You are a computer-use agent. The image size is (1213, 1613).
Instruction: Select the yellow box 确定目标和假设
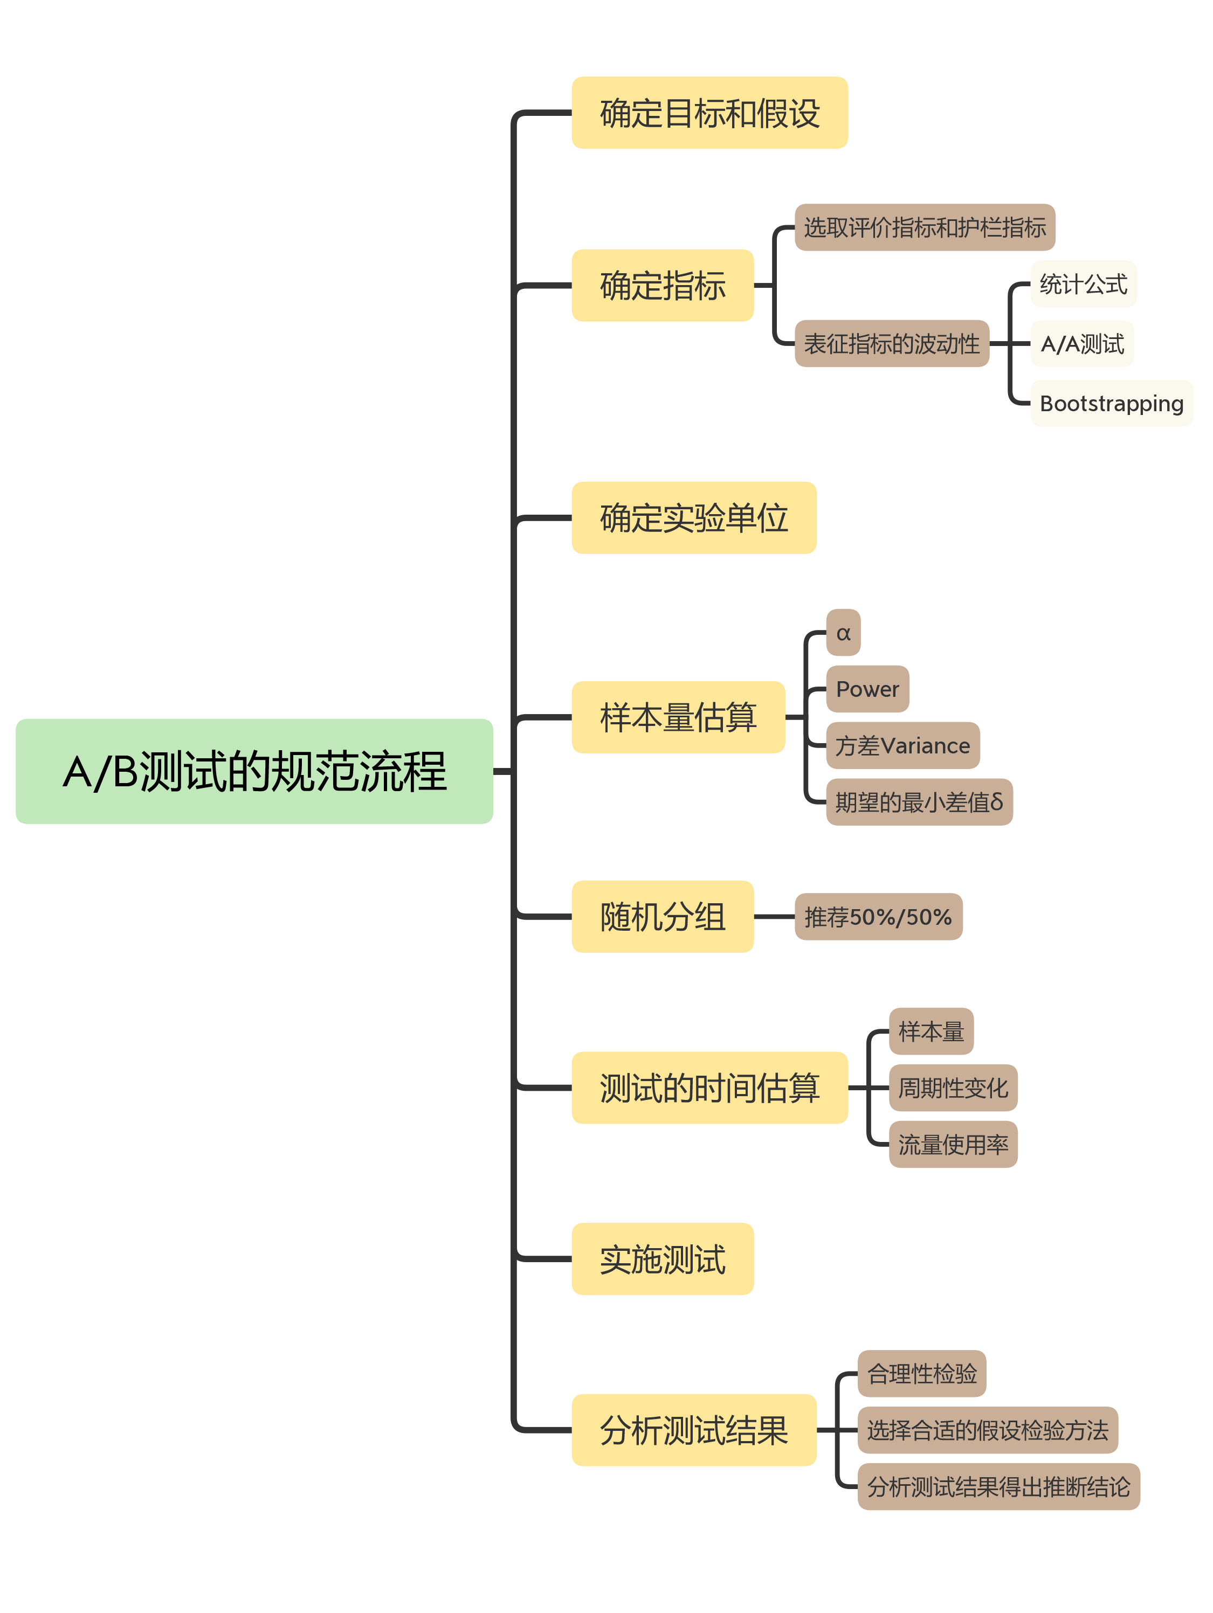click(x=709, y=113)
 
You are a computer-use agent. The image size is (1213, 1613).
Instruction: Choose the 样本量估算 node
click(x=678, y=717)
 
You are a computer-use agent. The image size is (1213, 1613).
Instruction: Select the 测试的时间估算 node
click(x=709, y=1087)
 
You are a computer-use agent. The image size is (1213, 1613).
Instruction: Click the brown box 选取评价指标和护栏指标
click(x=924, y=227)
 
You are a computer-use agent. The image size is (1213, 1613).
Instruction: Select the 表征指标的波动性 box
click(x=891, y=343)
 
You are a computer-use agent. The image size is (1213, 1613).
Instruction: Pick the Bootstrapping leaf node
click(x=1111, y=403)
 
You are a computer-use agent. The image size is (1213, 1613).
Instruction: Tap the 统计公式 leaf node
click(x=1083, y=283)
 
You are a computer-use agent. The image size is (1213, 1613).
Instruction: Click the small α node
click(x=843, y=632)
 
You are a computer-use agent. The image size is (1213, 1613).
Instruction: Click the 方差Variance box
click(x=902, y=745)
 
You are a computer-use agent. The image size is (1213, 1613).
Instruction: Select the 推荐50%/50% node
click(x=878, y=917)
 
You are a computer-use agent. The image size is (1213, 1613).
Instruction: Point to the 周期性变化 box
click(x=953, y=1087)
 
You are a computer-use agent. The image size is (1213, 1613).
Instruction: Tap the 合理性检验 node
click(x=921, y=1373)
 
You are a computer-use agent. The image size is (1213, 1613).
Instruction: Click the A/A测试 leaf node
click(x=1081, y=343)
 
